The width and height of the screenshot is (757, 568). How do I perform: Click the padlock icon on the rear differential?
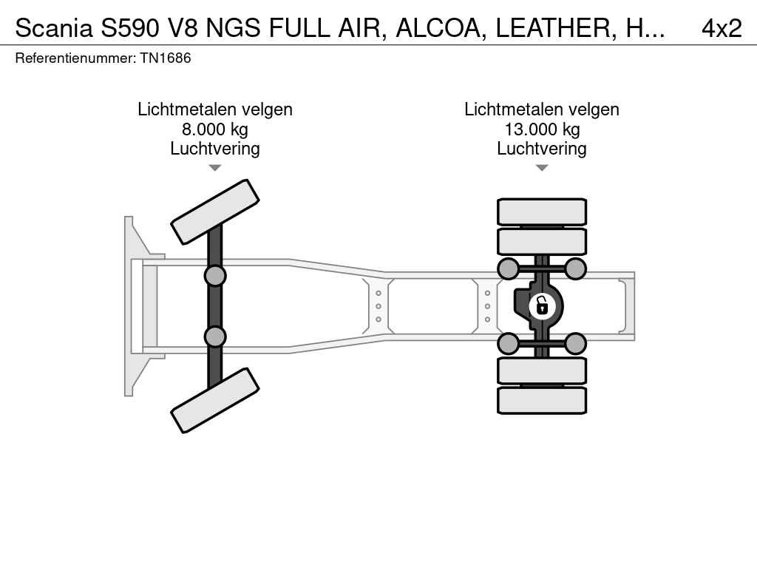coord(542,306)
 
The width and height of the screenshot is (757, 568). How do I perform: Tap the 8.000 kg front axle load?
coord(215,129)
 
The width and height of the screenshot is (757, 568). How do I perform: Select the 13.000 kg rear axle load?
coord(542,129)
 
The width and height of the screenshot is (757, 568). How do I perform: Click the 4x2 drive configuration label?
coord(722,29)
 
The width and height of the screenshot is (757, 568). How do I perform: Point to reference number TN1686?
coord(166,58)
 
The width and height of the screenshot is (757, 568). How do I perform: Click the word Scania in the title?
coord(53,29)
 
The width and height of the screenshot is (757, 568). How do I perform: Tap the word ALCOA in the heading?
coord(441,29)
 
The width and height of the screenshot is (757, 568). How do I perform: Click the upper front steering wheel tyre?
coord(215,212)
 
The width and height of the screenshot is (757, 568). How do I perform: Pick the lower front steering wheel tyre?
coord(215,400)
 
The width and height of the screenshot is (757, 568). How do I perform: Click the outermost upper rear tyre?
coord(542,212)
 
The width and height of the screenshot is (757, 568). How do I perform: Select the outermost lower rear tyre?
coord(542,400)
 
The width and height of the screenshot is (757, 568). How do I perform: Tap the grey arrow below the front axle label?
coord(215,168)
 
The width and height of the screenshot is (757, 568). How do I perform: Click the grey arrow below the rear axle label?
coord(542,168)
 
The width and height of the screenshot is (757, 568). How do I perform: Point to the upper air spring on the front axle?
coord(215,277)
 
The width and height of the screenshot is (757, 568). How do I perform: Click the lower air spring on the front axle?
coord(215,337)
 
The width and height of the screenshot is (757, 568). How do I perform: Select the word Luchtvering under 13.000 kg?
coord(542,149)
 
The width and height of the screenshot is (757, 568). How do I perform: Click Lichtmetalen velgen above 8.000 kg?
coord(215,109)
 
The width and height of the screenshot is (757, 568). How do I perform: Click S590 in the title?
coord(130,29)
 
